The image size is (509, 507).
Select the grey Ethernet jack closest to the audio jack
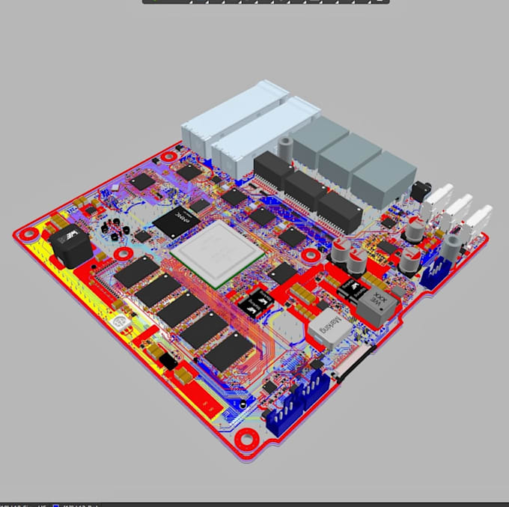[x=383, y=177]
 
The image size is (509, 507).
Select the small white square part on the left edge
[x=117, y=324]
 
